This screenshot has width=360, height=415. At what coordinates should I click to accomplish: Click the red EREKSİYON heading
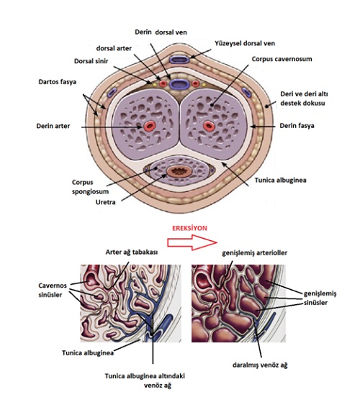(x=189, y=228)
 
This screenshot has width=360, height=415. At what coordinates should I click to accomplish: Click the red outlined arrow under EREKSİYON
(x=192, y=242)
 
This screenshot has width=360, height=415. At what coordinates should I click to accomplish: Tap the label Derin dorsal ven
(x=161, y=32)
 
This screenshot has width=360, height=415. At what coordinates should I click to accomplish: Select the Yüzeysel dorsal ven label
(x=245, y=43)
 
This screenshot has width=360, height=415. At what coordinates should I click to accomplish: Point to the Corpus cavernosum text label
(x=282, y=59)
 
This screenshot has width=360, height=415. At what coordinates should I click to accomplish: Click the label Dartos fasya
(x=57, y=82)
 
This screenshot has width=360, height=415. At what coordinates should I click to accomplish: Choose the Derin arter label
(x=53, y=126)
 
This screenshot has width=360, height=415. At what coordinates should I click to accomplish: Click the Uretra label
(x=105, y=202)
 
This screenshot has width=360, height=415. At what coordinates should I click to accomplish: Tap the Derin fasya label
(x=297, y=126)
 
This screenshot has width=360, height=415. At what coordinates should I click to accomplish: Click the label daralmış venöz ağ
(x=260, y=365)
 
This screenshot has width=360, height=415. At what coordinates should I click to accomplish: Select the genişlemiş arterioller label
(x=255, y=253)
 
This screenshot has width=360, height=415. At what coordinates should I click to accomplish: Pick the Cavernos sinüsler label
(x=53, y=290)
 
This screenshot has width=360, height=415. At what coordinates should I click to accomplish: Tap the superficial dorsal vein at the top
(x=179, y=59)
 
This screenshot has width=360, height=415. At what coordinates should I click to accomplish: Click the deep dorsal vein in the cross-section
(x=179, y=85)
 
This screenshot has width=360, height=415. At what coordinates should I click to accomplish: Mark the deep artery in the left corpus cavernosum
(x=150, y=126)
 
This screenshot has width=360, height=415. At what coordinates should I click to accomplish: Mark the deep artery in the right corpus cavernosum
(x=209, y=126)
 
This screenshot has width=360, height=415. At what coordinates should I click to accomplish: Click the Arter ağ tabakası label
(x=132, y=252)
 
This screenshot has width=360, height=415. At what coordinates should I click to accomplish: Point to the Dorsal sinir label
(x=91, y=61)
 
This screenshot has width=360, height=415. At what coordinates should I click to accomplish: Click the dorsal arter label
(x=114, y=48)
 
